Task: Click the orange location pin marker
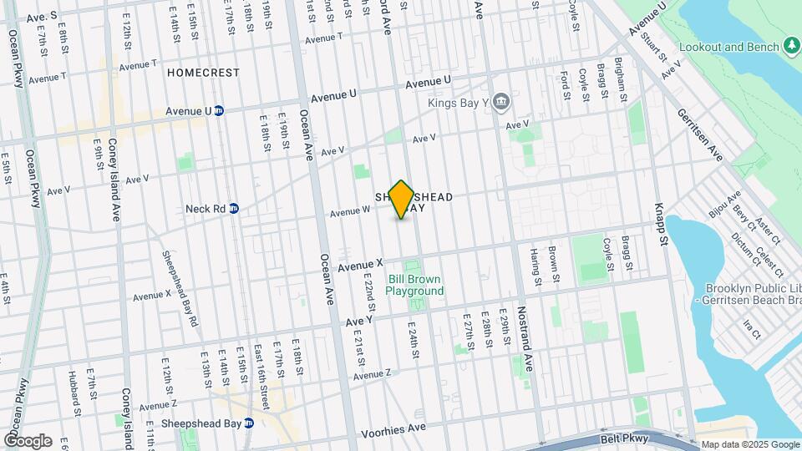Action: (402, 199)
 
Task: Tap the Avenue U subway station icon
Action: (219, 110)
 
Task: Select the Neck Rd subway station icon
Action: (235, 208)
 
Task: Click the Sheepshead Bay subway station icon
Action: (249, 423)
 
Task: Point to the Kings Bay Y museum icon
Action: (500, 103)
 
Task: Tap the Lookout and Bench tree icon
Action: (791, 46)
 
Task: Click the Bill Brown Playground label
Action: (415, 285)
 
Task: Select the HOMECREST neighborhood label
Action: (203, 73)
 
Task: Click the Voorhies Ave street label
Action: (393, 433)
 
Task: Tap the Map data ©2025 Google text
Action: (749, 444)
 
